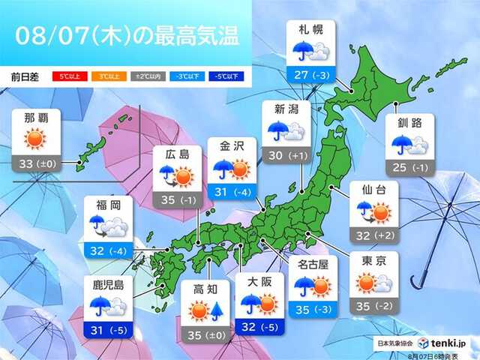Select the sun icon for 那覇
pyautogui.click(x=34, y=139)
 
